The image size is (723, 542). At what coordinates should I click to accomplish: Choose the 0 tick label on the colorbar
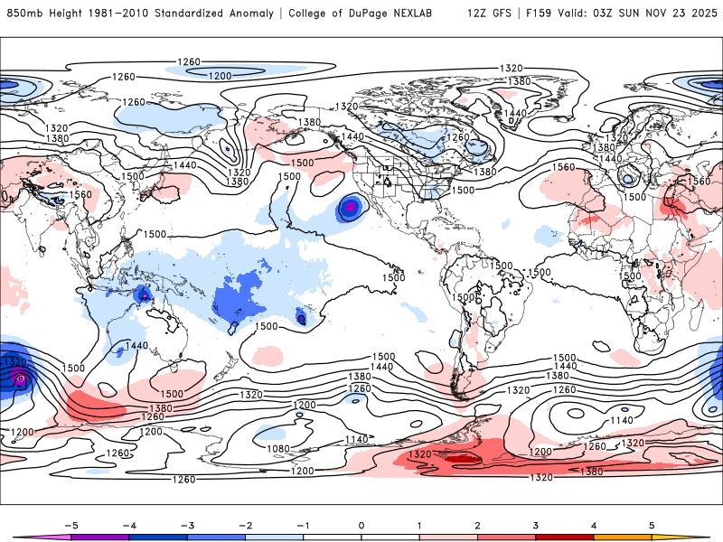pos(361,524)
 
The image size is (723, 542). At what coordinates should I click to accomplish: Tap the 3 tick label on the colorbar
pos(536,524)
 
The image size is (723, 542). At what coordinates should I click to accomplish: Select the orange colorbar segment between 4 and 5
pos(624,537)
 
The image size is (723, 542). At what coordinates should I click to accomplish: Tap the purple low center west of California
pos(348,209)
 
